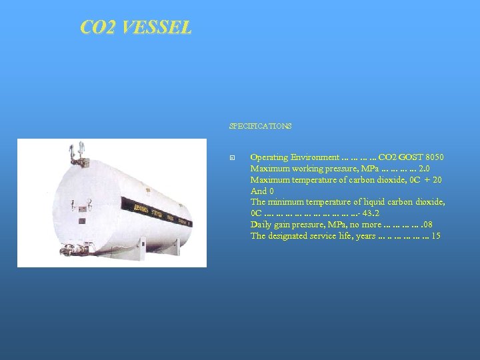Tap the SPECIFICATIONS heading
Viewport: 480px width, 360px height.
(x=260, y=126)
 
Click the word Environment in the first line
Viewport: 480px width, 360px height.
(x=313, y=157)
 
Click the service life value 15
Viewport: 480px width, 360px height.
(x=436, y=236)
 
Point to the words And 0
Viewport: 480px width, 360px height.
(x=262, y=191)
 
